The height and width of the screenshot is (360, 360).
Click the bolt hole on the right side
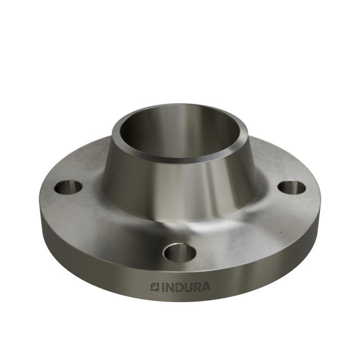point(291,187)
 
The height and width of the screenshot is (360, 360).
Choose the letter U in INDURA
point(189,287)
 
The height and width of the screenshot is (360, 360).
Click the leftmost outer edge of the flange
point(41,208)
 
